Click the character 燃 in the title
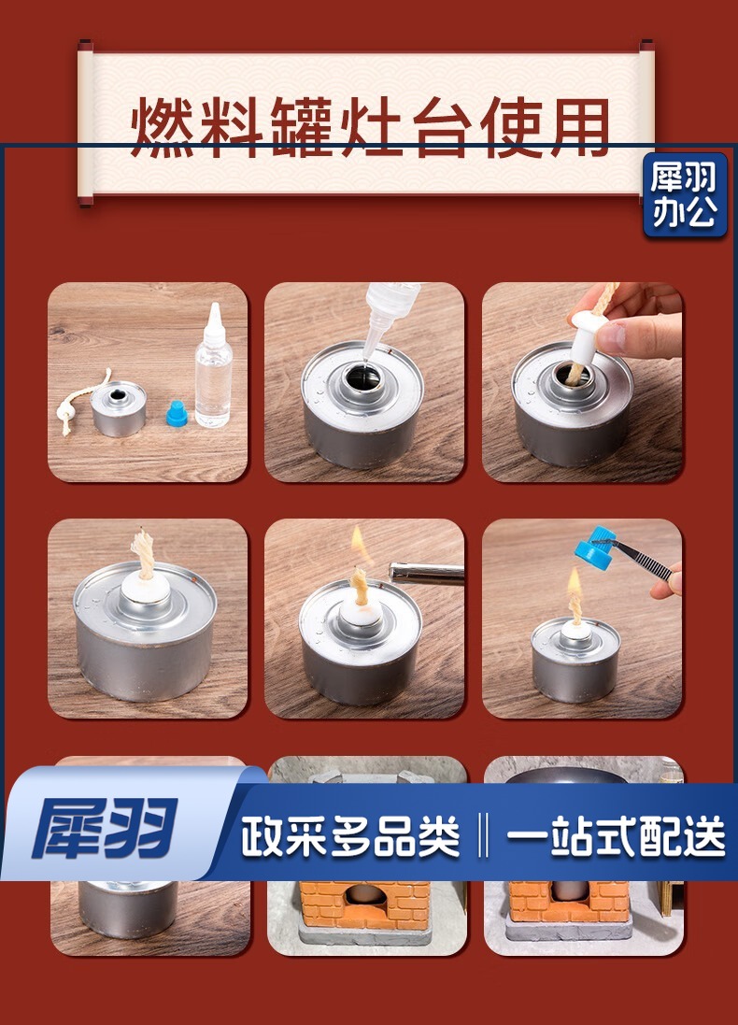(163, 127)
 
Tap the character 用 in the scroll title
(576, 127)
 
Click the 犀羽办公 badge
(685, 194)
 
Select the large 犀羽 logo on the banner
(105, 828)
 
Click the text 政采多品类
(350, 836)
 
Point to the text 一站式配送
(615, 836)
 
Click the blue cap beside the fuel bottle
(177, 414)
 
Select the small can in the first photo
(119, 408)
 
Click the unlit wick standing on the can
(144, 554)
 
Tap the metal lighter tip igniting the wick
(426, 574)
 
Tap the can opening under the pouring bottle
(362, 377)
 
